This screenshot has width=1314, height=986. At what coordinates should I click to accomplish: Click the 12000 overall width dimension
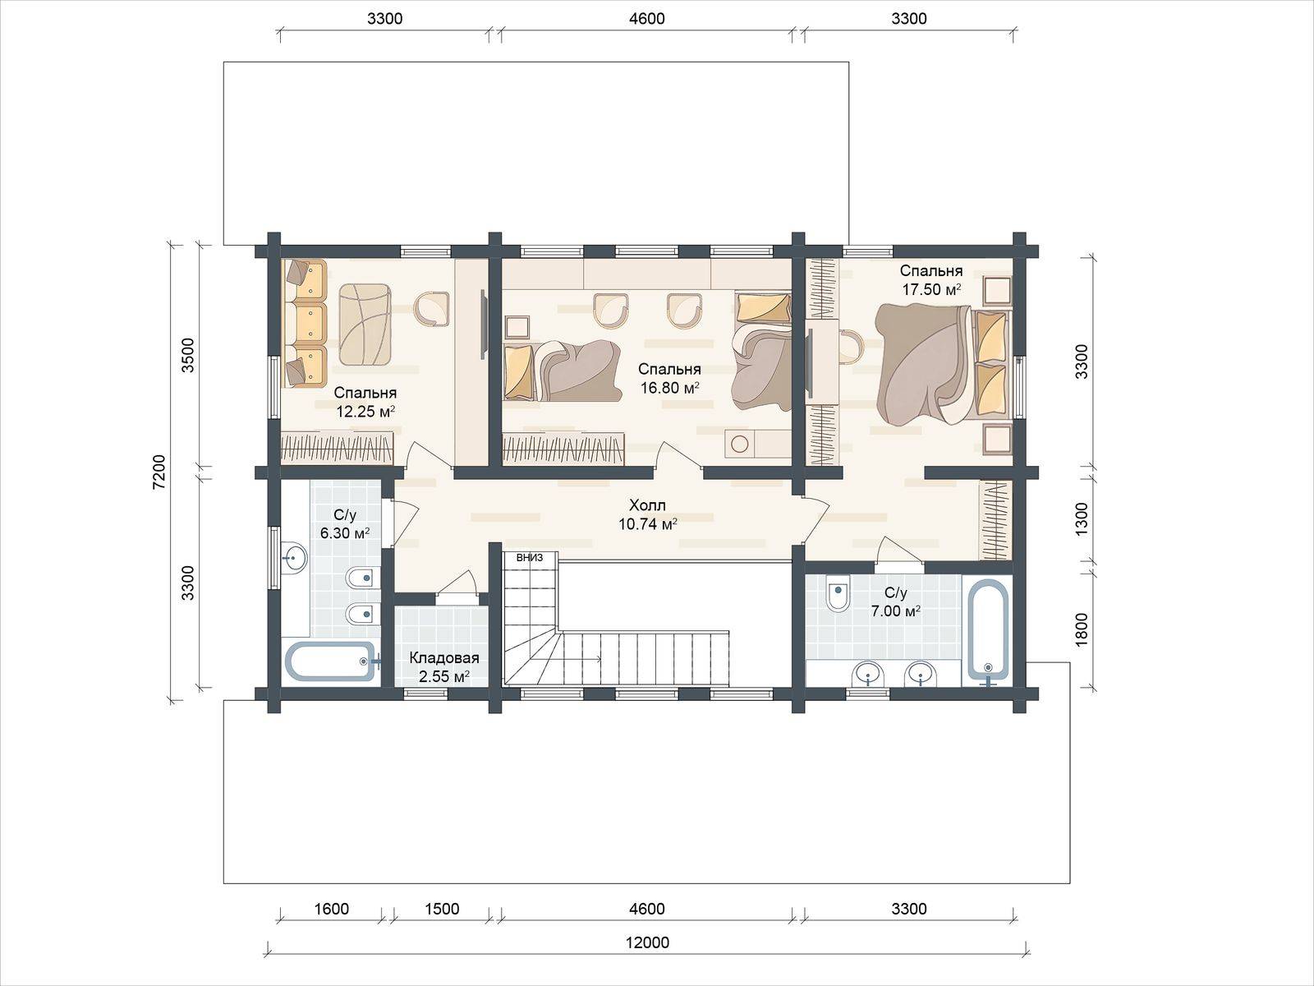point(647,942)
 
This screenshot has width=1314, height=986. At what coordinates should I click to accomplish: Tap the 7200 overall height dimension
point(159,472)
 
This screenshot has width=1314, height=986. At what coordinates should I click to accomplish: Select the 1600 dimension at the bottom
point(331,909)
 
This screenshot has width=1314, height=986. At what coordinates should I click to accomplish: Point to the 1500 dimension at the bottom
point(442,909)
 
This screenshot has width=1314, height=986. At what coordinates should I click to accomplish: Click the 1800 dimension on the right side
point(1081,629)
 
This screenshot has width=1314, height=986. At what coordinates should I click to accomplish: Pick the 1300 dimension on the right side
point(1081,519)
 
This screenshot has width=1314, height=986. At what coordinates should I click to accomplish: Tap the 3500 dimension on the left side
point(188,355)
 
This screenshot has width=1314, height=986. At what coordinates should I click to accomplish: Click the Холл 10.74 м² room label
point(648,515)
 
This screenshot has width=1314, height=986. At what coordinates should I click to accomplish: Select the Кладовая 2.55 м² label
point(444,667)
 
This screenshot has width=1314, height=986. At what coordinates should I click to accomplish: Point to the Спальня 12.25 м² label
point(365,402)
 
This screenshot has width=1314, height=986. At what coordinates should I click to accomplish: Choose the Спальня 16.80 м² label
point(669,378)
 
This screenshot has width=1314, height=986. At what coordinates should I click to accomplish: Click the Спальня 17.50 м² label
point(930,280)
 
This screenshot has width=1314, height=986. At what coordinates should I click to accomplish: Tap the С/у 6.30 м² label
point(345,524)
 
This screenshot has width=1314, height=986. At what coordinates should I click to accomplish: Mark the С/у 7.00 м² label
point(895,601)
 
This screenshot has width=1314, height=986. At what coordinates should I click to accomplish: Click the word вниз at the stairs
point(530,557)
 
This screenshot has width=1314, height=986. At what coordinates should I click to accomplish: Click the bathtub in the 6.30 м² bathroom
point(331,661)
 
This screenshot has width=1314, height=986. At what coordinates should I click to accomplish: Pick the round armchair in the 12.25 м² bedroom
point(432,308)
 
